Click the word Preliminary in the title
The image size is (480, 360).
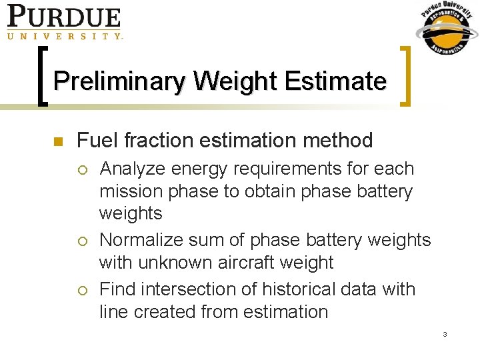point(120,81)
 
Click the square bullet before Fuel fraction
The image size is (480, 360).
point(57,141)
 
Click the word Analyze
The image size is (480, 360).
point(133,169)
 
